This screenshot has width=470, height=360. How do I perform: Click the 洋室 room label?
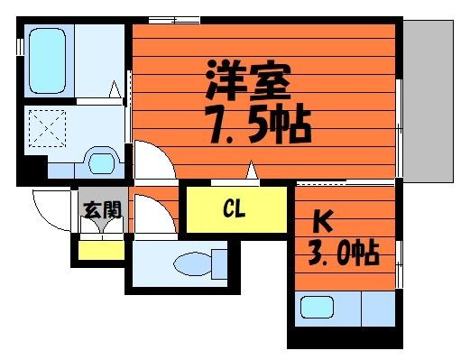[248, 79]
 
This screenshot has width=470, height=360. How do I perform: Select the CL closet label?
[235, 209]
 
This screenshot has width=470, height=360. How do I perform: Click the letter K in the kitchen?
[323, 221]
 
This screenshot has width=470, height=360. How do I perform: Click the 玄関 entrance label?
[103, 209]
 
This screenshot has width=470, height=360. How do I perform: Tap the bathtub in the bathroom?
[48, 60]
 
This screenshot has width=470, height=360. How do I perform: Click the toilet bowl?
[192, 263]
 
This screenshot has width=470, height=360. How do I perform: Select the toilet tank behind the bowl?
[219, 263]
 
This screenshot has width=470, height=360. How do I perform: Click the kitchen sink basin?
[318, 307]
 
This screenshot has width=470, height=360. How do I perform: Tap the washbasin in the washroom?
[102, 163]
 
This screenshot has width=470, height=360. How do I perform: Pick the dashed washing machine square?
[47, 129]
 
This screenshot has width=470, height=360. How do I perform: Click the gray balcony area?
[429, 101]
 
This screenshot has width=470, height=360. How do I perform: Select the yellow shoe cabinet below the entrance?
[101, 250]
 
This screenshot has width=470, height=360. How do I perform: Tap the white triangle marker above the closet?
[252, 171]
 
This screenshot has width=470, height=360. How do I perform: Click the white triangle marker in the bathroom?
[115, 89]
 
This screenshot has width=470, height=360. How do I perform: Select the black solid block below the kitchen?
[345, 337]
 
